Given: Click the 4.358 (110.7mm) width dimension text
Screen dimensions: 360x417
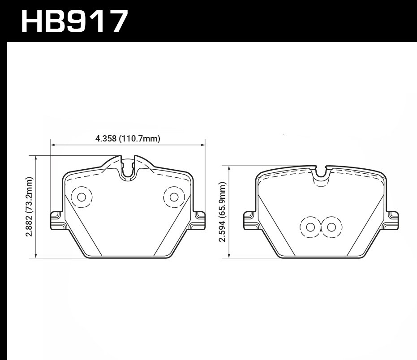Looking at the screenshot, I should click(x=128, y=139).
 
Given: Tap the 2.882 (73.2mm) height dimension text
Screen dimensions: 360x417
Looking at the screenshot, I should click(x=30, y=207).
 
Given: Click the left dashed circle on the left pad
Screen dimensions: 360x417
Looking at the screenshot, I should click(x=82, y=197).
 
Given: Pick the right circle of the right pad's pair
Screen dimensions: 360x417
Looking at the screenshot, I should click(x=331, y=227).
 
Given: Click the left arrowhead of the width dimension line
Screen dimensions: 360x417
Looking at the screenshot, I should click(x=52, y=145).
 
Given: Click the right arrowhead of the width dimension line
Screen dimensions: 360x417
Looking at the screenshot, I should click(x=203, y=145).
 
